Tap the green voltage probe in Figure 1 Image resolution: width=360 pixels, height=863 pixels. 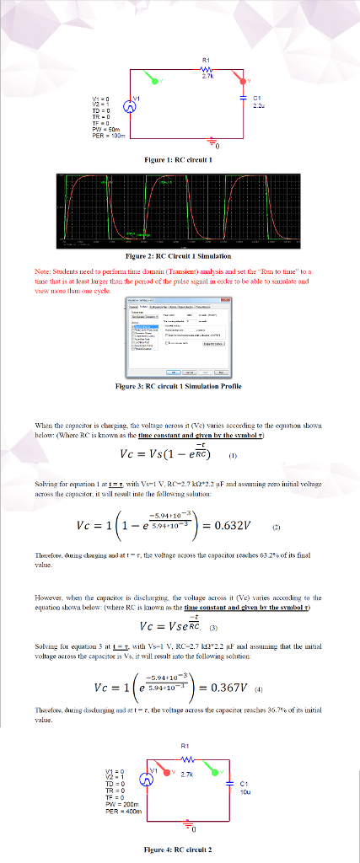[x=153, y=80]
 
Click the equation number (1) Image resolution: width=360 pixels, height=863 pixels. [x=233, y=460]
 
